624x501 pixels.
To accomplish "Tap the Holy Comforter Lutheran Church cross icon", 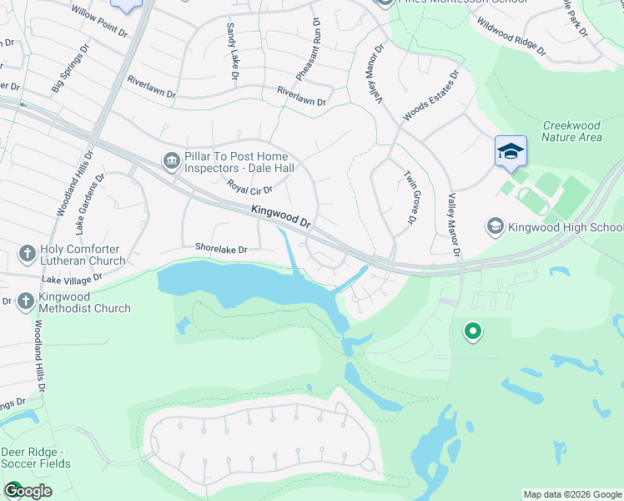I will coord(27,253).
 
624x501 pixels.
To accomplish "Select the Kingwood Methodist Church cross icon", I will coord(27,301).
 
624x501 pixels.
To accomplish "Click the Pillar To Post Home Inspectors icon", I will coord(172,160).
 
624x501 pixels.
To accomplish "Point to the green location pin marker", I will coord(473,332).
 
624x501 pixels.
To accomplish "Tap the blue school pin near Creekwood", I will coord(511,152).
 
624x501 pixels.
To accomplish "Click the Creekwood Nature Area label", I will coord(571,131).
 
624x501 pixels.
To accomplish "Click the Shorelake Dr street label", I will coord(221,249).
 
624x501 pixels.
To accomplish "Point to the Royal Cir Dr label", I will coord(249,189).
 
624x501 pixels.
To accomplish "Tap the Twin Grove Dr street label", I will coord(410,198).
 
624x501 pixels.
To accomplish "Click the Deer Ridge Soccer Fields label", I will coord(36,458).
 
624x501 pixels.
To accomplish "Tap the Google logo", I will coord(28,491).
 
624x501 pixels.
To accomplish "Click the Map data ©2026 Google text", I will coord(572,494).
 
